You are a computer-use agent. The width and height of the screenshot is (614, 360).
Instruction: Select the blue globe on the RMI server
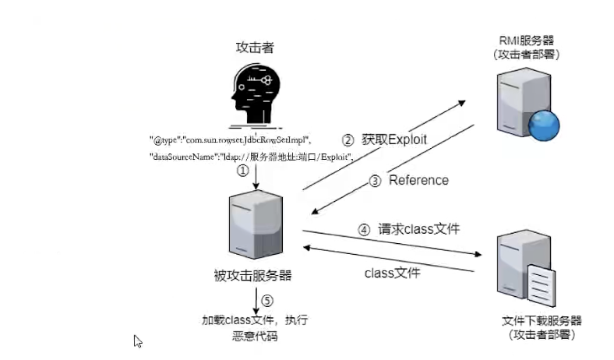point(543,125)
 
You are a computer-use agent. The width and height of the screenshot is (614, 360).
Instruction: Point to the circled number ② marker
point(348,140)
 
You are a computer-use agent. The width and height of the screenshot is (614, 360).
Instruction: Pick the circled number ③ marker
point(375,181)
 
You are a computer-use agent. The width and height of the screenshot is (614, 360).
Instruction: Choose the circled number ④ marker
point(363,230)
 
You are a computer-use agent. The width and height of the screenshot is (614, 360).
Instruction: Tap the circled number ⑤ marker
point(267,300)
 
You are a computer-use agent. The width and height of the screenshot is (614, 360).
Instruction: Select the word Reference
point(418,180)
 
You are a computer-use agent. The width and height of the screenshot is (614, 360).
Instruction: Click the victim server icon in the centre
point(254,226)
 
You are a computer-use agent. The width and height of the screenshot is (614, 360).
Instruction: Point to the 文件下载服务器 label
point(542,321)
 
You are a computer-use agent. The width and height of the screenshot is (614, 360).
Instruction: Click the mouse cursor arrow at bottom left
point(138,341)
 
